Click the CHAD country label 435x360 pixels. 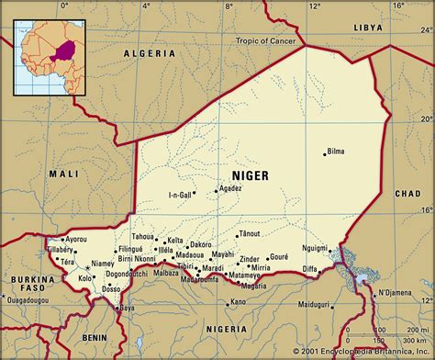[x=407, y=195]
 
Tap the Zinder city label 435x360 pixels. [x=249, y=259]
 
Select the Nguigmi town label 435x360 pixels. [x=314, y=248]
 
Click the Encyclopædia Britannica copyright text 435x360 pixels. [x=362, y=351]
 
